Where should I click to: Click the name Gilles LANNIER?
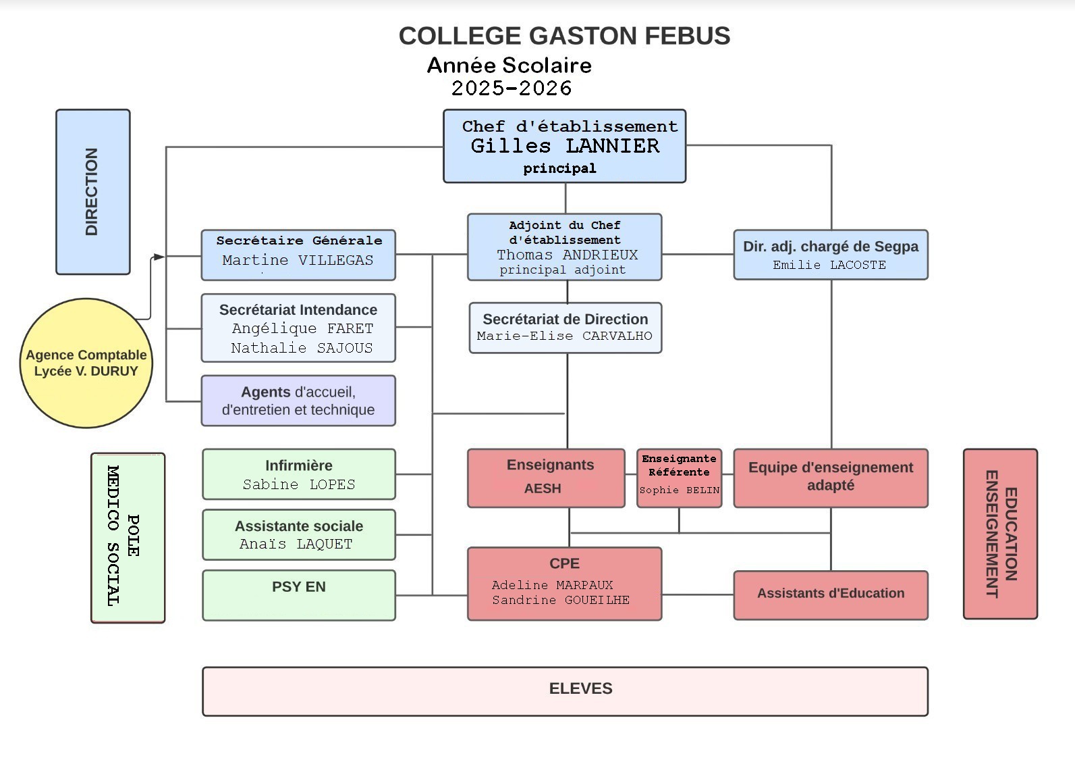point(565,146)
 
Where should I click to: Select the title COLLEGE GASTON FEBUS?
point(564,36)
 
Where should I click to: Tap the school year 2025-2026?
point(512,88)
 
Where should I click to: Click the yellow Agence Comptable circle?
point(86,363)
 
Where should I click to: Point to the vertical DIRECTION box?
point(93,192)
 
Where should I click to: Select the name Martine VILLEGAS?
point(298,260)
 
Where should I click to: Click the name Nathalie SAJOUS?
point(302,348)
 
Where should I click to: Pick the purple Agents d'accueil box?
point(298,401)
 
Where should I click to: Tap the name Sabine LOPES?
point(299,484)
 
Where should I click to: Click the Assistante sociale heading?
point(299,526)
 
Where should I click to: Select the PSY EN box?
point(299,595)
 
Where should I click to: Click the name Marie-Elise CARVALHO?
point(565,336)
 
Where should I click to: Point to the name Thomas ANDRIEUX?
point(568,255)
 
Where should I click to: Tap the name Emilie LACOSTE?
point(829,265)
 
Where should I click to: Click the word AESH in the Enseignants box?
point(543,488)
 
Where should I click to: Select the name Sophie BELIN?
point(680,490)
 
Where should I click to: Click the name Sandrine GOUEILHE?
point(561,600)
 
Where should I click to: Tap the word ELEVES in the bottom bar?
point(581,688)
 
